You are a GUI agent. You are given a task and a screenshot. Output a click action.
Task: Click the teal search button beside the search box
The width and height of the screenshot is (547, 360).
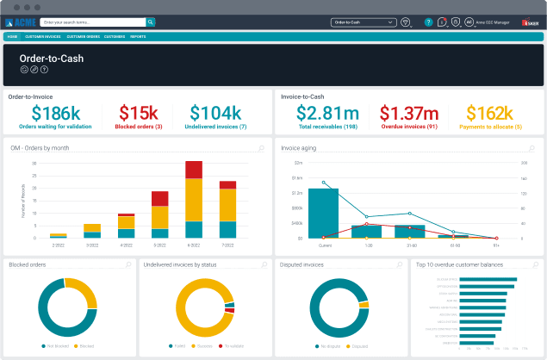pyautogui.click(x=151, y=22)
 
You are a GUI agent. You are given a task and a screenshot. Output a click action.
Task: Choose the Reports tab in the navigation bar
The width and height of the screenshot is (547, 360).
pyautogui.click(x=138, y=37)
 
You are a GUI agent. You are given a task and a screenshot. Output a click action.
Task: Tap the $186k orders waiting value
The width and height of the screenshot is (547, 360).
pyautogui.click(x=56, y=114)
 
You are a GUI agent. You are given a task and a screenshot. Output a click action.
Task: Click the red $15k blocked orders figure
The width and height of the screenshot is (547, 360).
pyautogui.click(x=138, y=114)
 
